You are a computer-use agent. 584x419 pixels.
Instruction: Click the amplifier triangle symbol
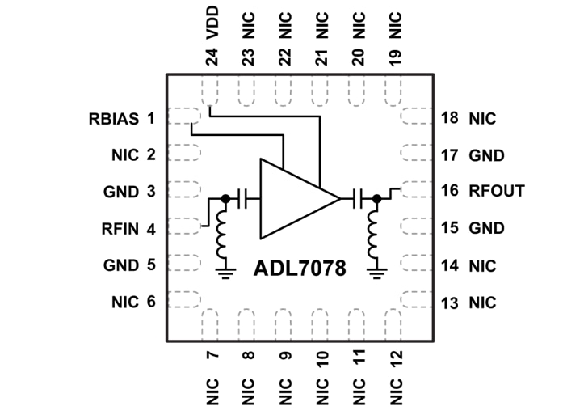point(292,198)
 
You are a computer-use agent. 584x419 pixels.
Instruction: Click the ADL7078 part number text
point(300,268)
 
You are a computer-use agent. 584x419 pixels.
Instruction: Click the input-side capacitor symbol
point(246,197)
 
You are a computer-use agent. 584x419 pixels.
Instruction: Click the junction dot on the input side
point(224,197)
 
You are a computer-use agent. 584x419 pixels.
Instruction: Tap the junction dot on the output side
point(376,197)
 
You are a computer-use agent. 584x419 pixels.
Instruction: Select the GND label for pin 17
point(486,155)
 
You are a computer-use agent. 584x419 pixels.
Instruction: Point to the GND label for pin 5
point(122,265)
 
